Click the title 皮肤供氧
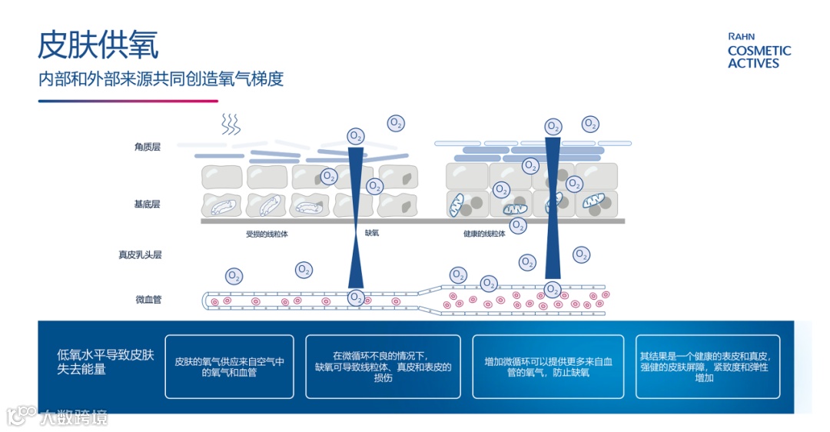pos(98,45)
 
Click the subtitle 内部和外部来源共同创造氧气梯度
pos(161,79)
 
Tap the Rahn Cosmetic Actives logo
pos(759,52)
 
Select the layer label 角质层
pos(147,147)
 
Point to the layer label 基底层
pos(147,204)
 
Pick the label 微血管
pos(148,300)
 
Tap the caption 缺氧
pos(372,233)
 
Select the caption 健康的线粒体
pos(484,233)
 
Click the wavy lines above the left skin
pos(229,125)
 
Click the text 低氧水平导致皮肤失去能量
pos(106,362)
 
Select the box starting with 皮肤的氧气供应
pos(229,367)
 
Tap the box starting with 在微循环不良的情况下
pos(383,367)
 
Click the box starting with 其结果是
pos(707,367)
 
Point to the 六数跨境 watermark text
pos(74,417)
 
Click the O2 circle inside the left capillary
pos(356,297)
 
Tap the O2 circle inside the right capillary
pos(552,290)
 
